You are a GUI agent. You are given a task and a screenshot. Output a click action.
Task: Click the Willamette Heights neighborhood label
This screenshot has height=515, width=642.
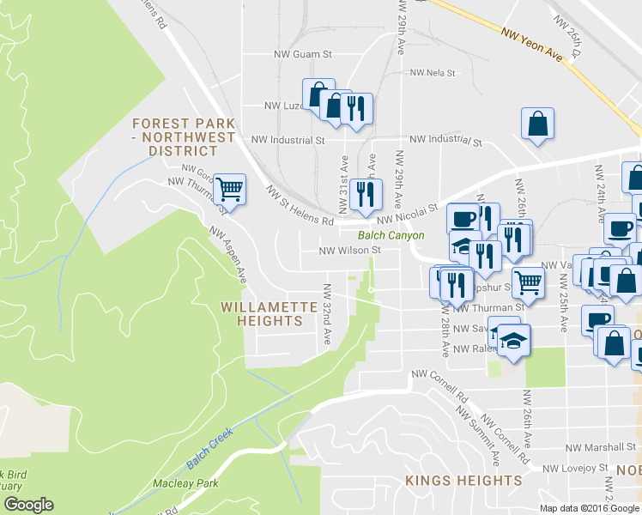(x=262, y=313)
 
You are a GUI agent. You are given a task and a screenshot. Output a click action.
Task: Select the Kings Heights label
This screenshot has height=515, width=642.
(x=463, y=481)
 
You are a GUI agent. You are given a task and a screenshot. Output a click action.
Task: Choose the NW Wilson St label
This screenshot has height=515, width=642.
(x=349, y=251)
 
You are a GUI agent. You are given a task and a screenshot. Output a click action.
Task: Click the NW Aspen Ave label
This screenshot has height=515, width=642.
(x=228, y=254)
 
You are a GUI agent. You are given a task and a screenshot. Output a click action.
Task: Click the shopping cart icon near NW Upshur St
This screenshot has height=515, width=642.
(x=530, y=281)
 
